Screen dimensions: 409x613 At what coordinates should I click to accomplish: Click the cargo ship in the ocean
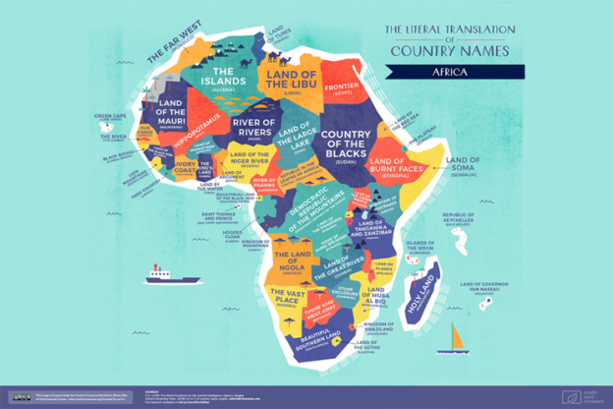click(157, 272)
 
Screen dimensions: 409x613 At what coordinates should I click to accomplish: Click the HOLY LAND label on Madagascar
click(423, 288)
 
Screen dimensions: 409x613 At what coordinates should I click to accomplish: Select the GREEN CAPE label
click(109, 117)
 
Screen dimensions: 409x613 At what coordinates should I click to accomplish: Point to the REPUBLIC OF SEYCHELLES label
click(465, 217)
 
